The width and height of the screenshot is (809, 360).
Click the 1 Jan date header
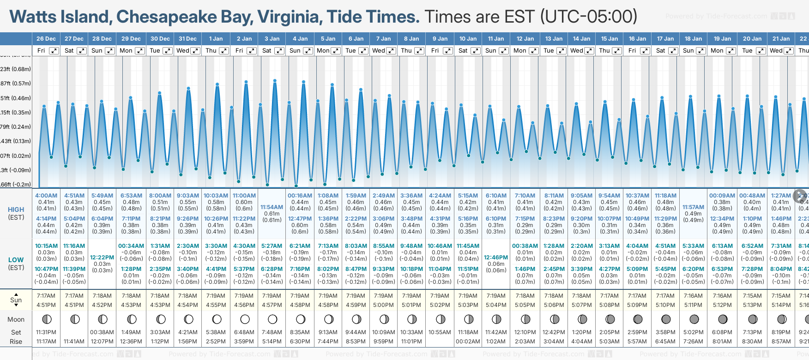click(216, 39)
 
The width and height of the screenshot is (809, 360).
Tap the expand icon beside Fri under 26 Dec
click(54, 51)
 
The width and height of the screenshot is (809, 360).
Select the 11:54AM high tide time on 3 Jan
click(272, 207)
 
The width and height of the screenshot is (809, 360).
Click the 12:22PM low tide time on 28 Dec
click(102, 258)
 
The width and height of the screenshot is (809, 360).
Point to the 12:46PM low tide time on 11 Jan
click(496, 258)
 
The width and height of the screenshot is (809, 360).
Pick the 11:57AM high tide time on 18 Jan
click(693, 207)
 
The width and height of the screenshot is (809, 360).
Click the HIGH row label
click(16, 210)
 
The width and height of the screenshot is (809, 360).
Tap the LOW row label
click(16, 260)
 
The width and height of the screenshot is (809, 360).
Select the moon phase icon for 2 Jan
click(245, 319)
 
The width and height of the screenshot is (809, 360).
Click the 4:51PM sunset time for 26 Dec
click(46, 305)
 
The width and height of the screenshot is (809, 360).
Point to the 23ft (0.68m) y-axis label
click(16, 69)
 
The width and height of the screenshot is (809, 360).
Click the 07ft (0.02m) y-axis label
click(16, 156)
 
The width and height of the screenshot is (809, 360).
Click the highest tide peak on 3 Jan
click(275, 81)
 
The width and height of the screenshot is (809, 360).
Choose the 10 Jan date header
click(468, 39)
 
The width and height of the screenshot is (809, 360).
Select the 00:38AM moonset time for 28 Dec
click(102, 332)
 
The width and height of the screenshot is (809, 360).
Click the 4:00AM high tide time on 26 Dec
click(46, 196)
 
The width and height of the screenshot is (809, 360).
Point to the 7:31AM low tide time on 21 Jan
click(781, 246)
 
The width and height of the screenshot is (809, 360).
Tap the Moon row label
click(16, 319)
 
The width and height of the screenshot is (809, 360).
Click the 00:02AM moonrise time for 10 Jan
click(468, 342)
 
